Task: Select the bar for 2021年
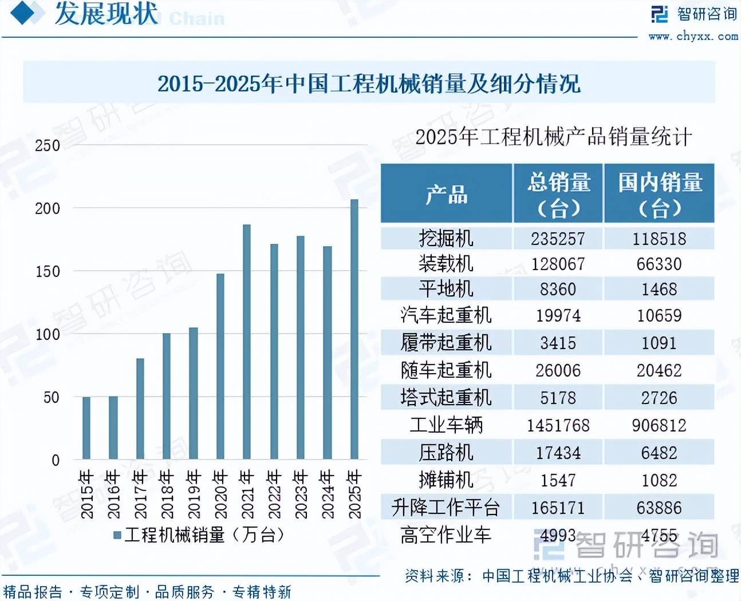pos(247,342)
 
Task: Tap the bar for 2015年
pos(86,428)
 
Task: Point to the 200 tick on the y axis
pos(48,208)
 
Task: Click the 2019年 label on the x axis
pos(193,494)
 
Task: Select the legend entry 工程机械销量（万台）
pos(199,535)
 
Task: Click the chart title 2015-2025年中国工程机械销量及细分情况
pos(369,84)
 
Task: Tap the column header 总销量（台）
pos(558,194)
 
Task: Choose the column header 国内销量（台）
pos(660,194)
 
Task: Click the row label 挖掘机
pos(446,238)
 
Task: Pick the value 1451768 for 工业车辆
pos(558,425)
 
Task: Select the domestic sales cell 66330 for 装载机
pos(659,264)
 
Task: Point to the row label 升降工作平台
pos(446,508)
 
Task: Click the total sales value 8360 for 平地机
pos(558,289)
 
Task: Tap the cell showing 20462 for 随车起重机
pos(659,370)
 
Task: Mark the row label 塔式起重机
pos(446,398)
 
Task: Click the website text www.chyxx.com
pos(693,36)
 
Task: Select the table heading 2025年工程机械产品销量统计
pos(553,137)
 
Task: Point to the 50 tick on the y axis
pos(52,397)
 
